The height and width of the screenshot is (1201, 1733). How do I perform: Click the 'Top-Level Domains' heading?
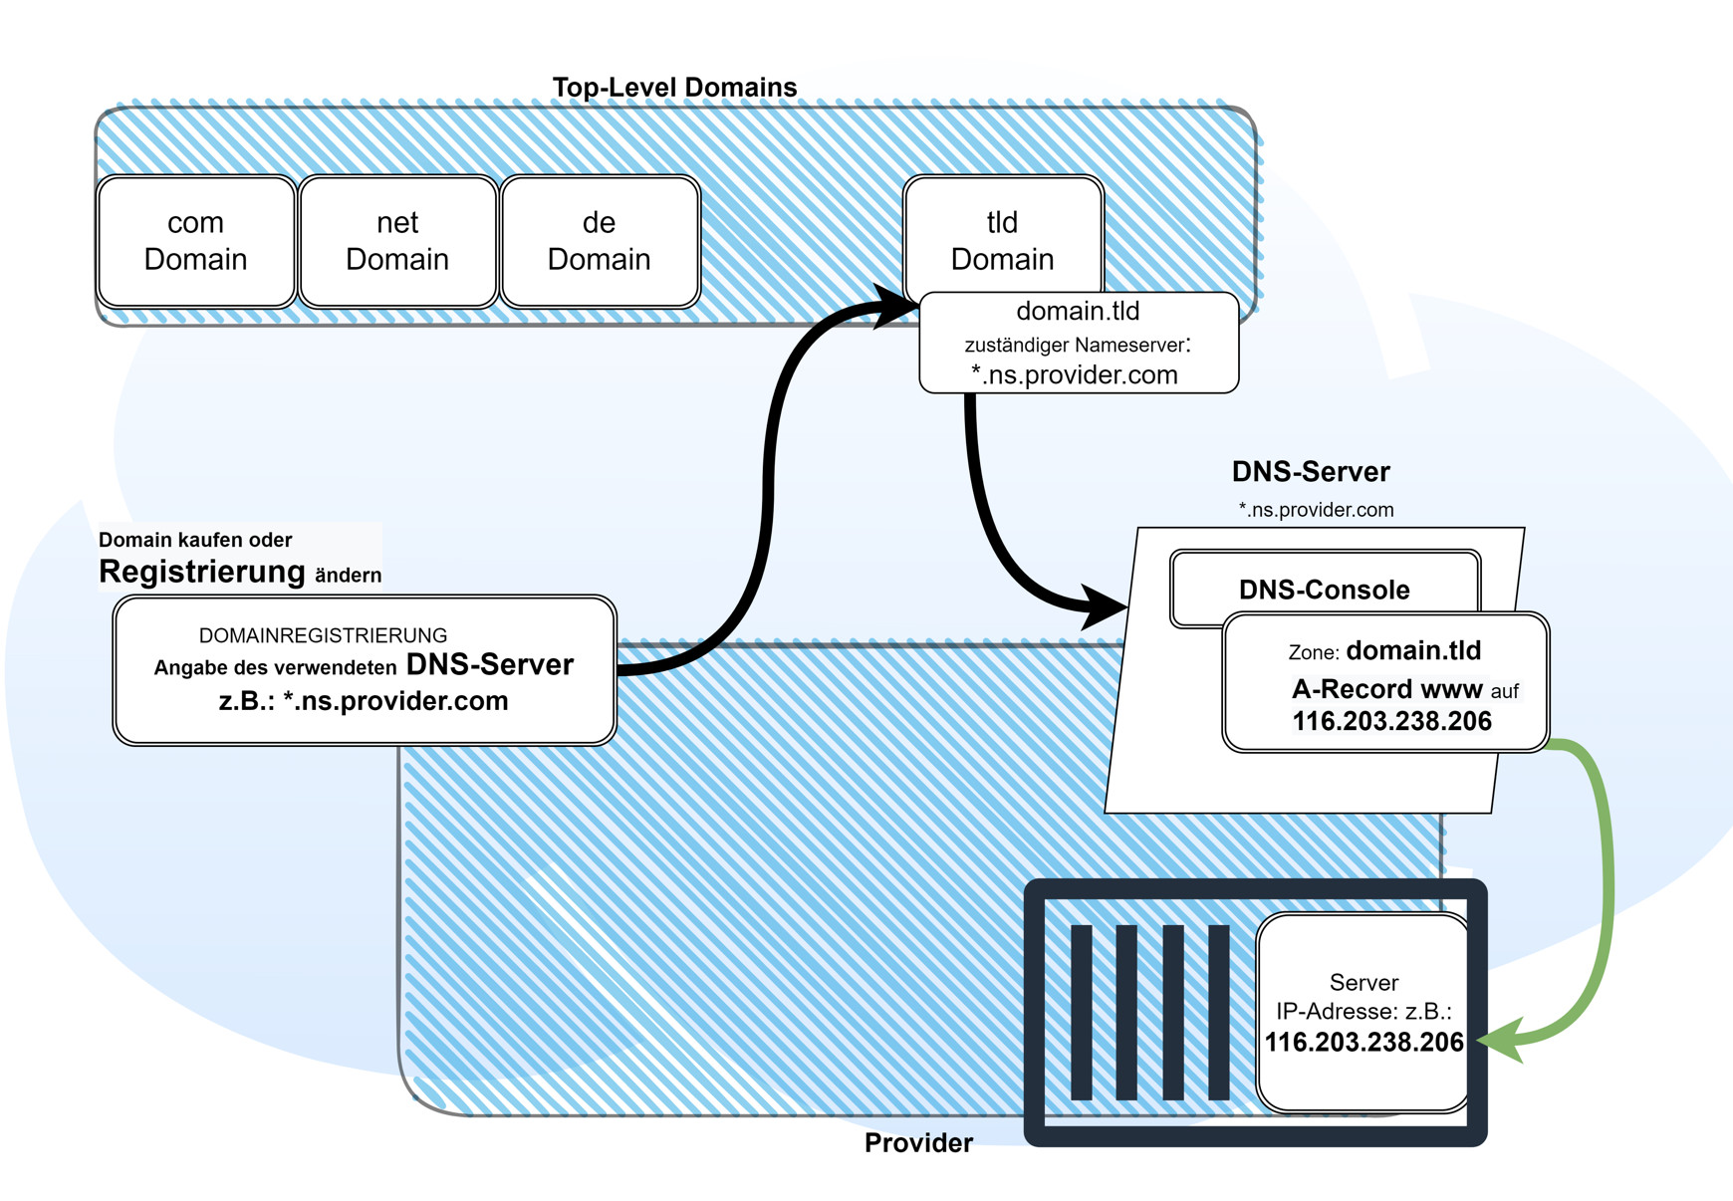(x=674, y=88)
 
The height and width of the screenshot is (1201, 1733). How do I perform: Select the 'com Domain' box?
(x=195, y=241)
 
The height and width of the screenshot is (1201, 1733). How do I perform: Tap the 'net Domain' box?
(x=397, y=241)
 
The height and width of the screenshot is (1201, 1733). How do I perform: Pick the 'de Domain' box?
(x=599, y=241)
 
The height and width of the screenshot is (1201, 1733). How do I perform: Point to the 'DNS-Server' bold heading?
(x=1310, y=472)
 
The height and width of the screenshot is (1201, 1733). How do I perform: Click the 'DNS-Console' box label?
(x=1324, y=590)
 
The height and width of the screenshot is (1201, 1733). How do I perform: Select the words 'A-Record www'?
(x=1386, y=689)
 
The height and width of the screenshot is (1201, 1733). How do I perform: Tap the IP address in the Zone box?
(x=1391, y=722)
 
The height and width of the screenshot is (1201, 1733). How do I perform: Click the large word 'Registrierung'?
(x=202, y=572)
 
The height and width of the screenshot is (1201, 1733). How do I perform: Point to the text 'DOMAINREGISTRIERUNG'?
(x=323, y=635)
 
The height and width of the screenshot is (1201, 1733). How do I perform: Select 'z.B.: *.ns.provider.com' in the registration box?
(x=364, y=701)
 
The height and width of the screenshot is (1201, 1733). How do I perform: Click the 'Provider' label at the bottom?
(x=917, y=1143)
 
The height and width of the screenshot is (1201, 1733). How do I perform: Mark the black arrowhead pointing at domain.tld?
(x=895, y=307)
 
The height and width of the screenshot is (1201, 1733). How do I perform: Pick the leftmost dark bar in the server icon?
(x=1081, y=1012)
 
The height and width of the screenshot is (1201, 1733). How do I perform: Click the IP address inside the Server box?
(x=1363, y=1043)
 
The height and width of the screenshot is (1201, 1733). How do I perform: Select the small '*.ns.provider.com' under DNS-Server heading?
(x=1316, y=510)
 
